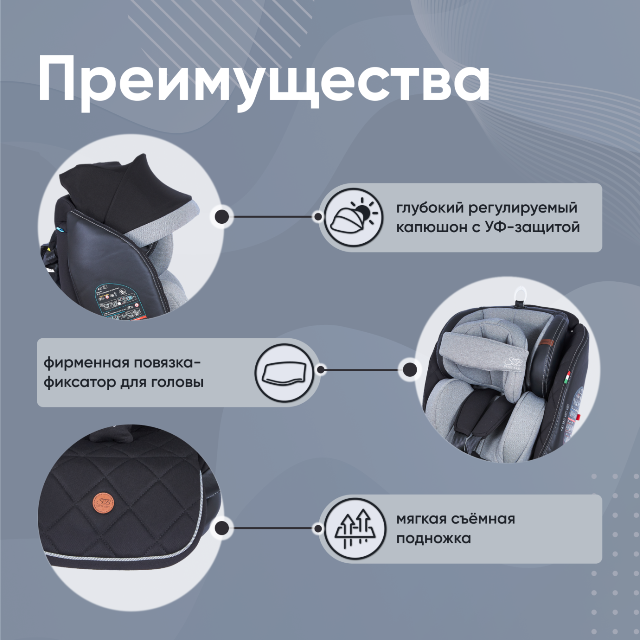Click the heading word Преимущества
click(x=263, y=80)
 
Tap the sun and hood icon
click(x=354, y=217)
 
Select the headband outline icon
click(x=284, y=372)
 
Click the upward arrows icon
click(x=354, y=529)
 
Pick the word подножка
click(x=433, y=539)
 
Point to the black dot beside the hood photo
click(x=222, y=217)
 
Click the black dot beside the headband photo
click(x=410, y=370)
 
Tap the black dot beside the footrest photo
click(x=222, y=528)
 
